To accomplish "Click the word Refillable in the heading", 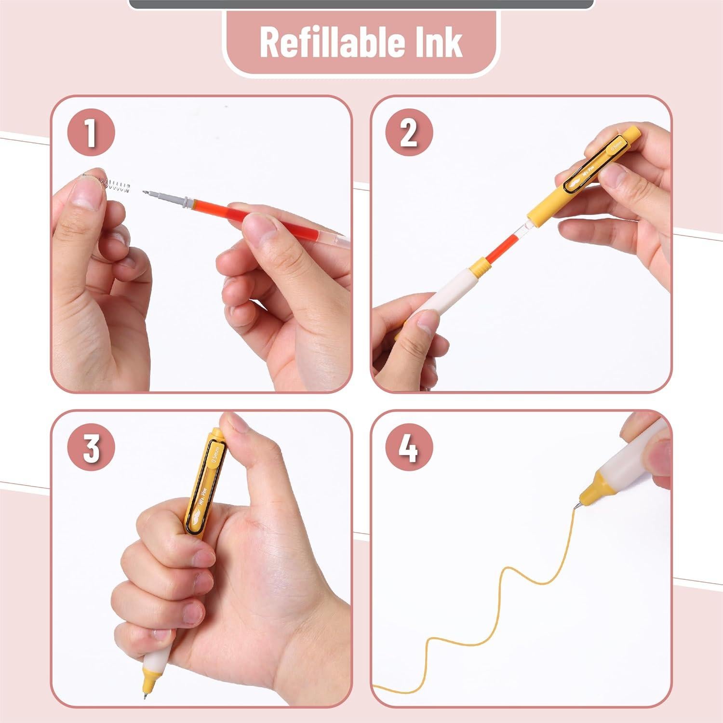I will (x=325, y=42).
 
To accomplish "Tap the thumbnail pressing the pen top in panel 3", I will (x=236, y=424).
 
